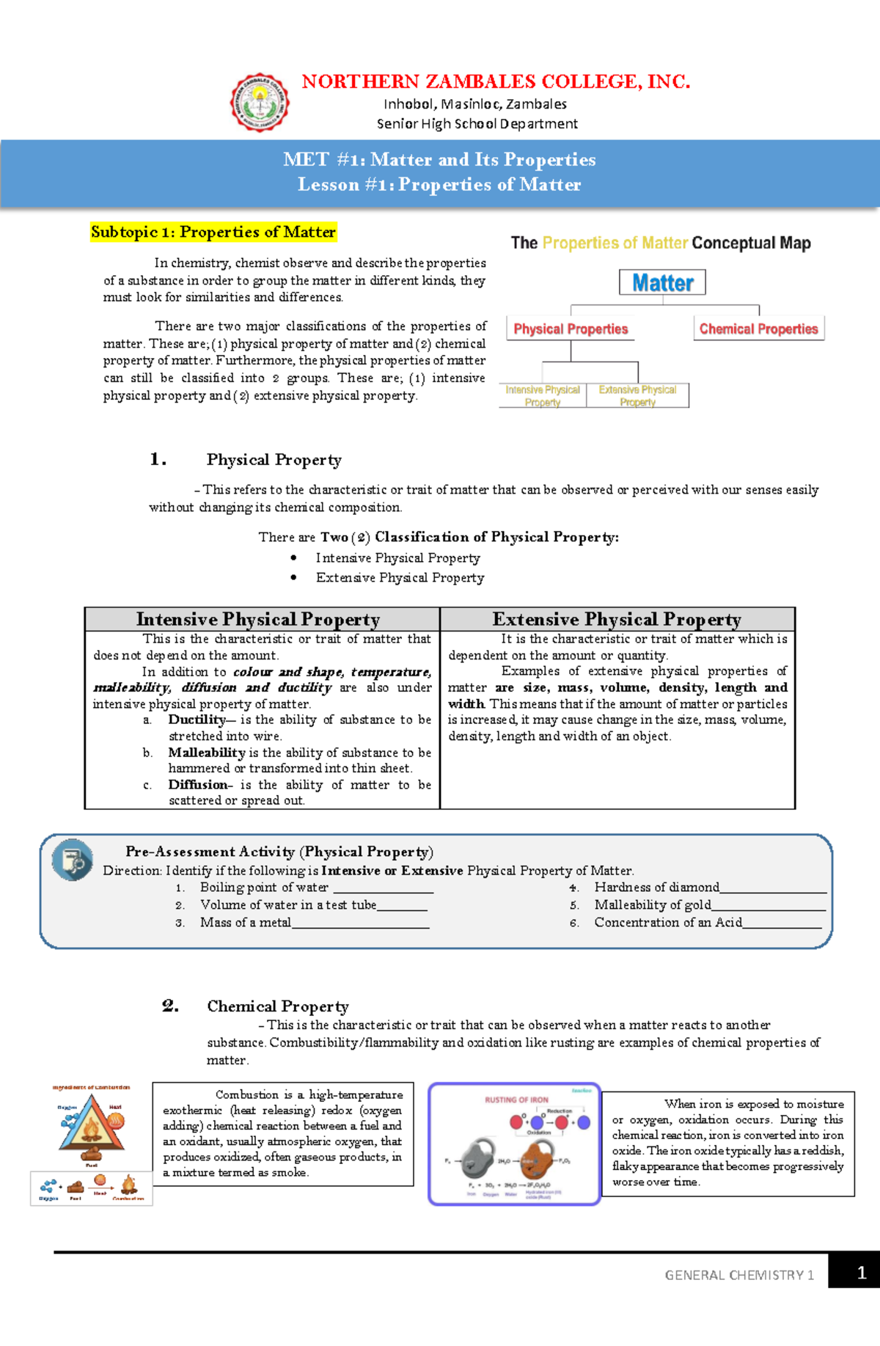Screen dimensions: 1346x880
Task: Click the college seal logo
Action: [260, 103]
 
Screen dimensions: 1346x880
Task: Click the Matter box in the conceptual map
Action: [662, 282]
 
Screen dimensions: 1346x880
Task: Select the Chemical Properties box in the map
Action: [758, 329]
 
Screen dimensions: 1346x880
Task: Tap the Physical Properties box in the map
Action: [571, 329]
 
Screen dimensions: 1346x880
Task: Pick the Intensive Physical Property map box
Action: [543, 395]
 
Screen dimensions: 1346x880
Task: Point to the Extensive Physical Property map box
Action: [637, 395]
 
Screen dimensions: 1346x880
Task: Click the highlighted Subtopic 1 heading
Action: [213, 233]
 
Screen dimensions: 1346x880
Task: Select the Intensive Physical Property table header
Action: [258, 619]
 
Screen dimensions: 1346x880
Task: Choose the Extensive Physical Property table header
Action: [617, 619]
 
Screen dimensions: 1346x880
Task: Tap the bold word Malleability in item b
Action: [206, 753]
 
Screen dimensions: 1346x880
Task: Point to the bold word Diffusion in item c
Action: [197, 785]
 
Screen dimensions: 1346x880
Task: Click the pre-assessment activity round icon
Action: [73, 860]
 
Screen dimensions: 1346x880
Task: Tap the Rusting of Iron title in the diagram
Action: [516, 1100]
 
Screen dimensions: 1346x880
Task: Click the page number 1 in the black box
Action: [861, 1273]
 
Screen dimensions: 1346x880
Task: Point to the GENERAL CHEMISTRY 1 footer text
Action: [738, 1275]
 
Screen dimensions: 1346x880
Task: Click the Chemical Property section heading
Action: [277, 1006]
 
